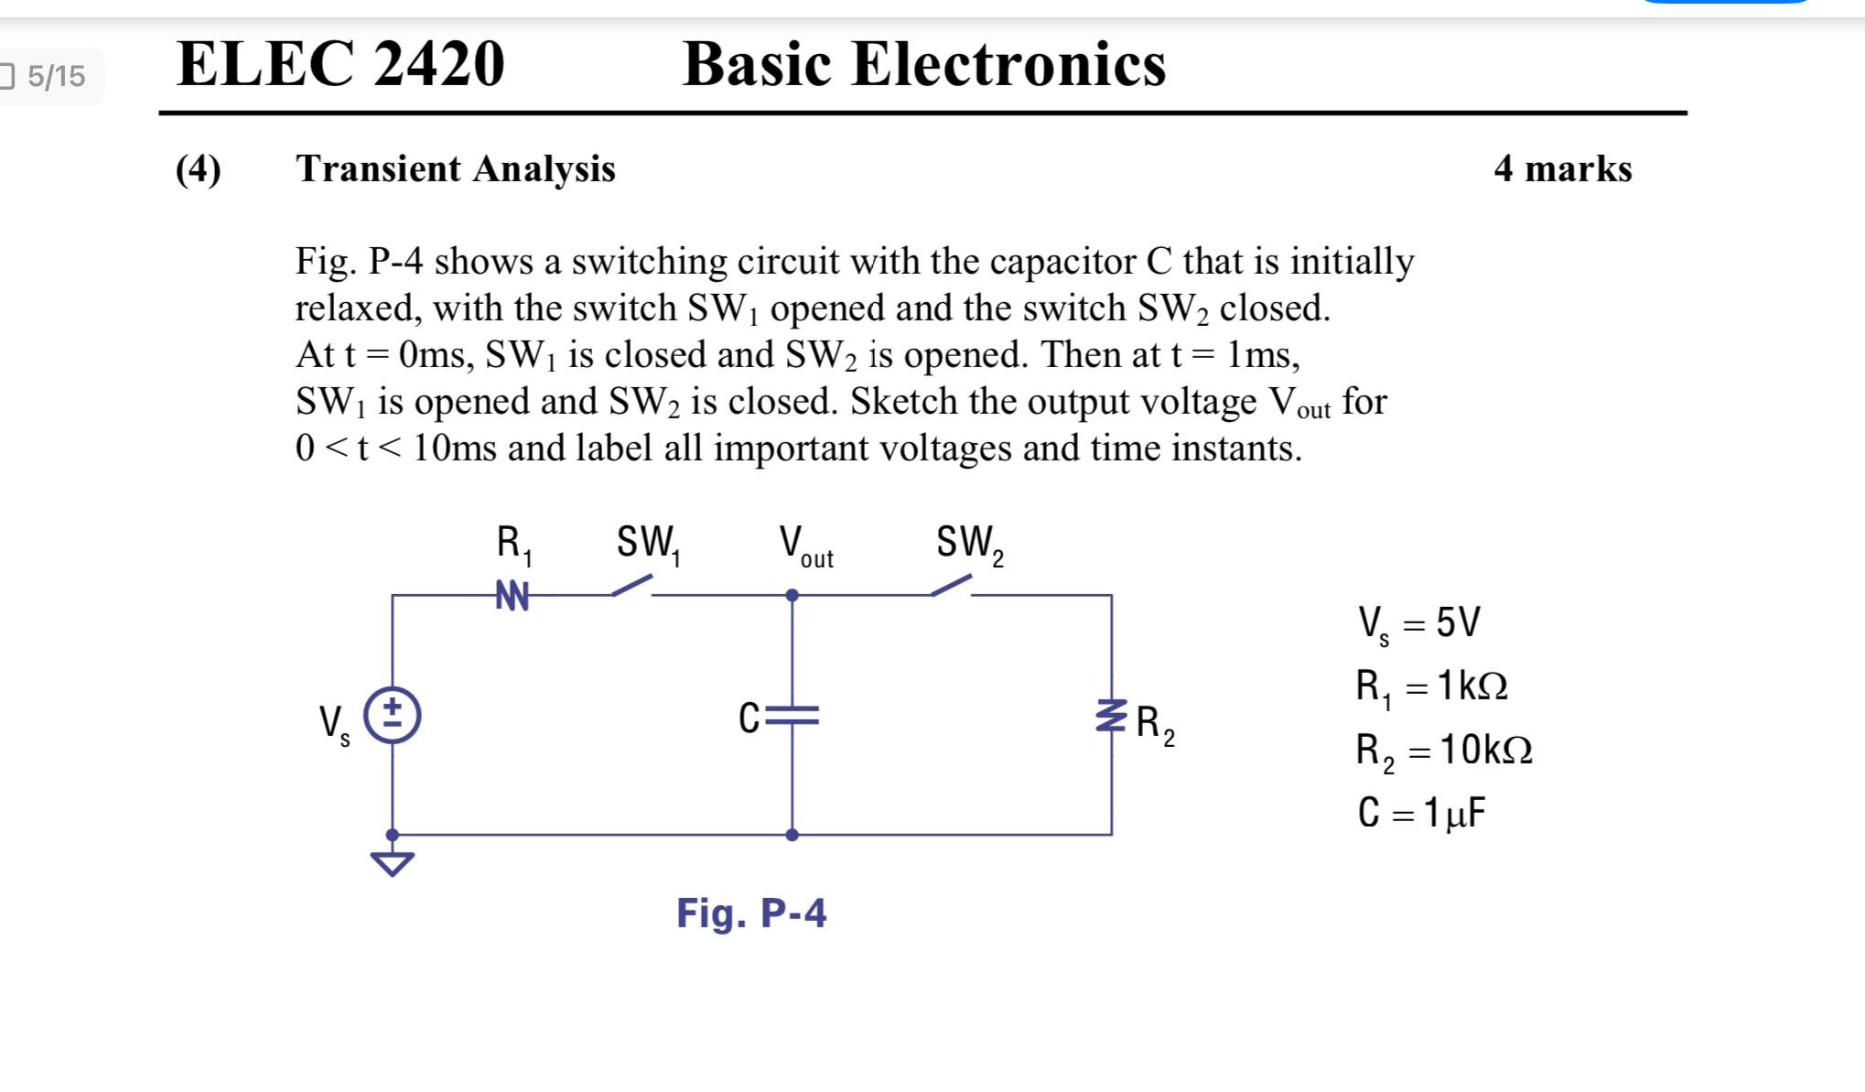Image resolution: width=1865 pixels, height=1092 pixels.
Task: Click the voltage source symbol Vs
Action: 392,715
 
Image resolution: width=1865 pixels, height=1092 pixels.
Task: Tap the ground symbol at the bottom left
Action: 392,862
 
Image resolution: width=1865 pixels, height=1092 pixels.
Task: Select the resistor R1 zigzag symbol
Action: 512,595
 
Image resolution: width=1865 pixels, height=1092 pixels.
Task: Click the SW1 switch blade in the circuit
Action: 632,585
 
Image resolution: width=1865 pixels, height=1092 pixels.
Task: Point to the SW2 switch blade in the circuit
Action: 952,585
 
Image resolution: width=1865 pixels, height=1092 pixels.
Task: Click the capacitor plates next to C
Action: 792,716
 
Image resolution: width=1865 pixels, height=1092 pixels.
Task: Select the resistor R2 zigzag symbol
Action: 1111,716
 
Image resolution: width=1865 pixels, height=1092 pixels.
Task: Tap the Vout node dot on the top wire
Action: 792,595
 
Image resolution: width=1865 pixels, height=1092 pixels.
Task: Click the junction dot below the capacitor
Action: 792,835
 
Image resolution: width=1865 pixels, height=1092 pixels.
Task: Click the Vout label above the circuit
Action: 805,546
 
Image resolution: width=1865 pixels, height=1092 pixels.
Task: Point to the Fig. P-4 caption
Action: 750,914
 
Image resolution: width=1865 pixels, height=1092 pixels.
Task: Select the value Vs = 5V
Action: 1418,623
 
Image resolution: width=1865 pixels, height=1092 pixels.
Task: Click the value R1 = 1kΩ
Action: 1431,687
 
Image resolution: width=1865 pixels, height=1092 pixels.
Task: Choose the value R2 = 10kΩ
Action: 1443,751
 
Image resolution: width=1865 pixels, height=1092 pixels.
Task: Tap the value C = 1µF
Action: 1421,813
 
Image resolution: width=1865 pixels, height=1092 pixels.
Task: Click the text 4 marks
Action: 1562,169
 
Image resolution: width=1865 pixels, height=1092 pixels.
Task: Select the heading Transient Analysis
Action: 455,169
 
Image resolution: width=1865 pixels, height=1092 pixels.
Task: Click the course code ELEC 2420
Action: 340,64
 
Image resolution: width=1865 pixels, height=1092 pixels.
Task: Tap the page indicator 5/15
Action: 55,76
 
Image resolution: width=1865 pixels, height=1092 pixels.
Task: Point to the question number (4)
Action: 198,169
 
